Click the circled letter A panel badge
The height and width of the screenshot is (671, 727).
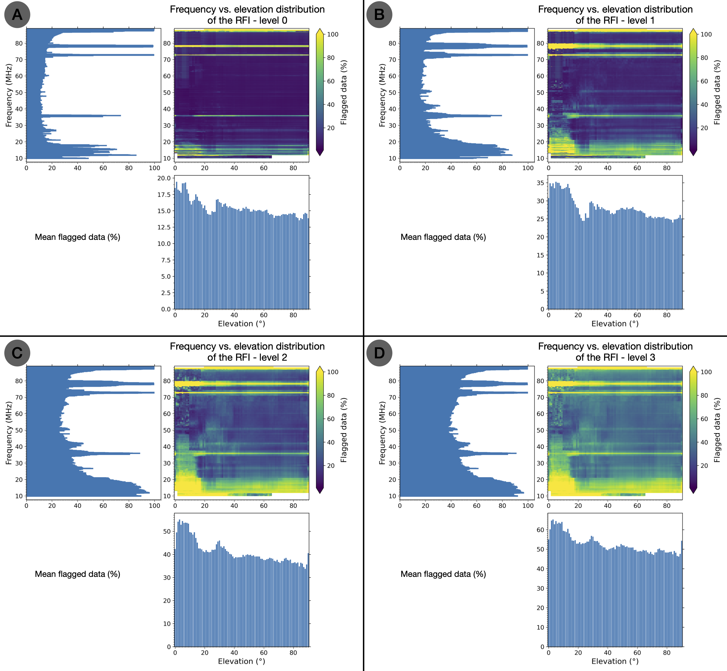click(17, 15)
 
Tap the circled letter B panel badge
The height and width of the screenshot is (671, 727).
click(379, 15)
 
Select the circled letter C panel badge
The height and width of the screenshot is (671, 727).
click(17, 353)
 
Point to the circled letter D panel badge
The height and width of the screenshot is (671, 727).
click(379, 353)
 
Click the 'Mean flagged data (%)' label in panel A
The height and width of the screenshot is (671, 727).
click(77, 237)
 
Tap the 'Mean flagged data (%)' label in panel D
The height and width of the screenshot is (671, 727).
click(443, 574)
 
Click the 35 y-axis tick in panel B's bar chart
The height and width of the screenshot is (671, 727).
click(540, 183)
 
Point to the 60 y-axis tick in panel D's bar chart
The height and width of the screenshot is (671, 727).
click(540, 530)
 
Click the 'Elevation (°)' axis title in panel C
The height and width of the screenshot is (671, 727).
click(241, 661)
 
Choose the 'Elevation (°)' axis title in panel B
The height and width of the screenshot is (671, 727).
click(615, 323)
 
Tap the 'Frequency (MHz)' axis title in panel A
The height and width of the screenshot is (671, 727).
click(9, 95)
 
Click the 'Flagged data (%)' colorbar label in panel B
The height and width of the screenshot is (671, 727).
click(717, 93)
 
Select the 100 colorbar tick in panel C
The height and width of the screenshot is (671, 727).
click(333, 372)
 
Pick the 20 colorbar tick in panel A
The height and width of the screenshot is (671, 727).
click(331, 128)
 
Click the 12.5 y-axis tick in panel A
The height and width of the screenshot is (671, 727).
click(164, 227)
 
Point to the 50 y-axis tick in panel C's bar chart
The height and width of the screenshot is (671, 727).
click(167, 531)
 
